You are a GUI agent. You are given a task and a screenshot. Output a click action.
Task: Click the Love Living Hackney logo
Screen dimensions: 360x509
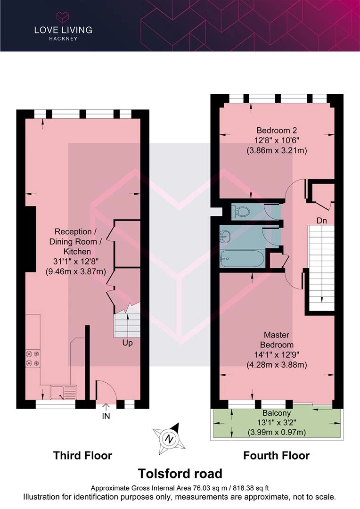[x=63, y=26]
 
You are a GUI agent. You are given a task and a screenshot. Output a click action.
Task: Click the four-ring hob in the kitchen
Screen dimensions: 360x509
[x=33, y=358]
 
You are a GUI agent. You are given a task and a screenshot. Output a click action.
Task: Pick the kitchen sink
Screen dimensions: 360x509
[x=63, y=392]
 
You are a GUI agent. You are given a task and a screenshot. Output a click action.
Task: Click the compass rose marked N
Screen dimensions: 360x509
[x=170, y=439]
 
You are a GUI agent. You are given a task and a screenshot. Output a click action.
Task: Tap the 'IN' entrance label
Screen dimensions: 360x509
[x=106, y=416]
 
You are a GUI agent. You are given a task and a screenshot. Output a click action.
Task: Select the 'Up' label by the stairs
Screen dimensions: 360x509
[x=127, y=343]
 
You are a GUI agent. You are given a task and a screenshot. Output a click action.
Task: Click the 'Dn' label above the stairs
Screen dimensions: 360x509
[x=321, y=221]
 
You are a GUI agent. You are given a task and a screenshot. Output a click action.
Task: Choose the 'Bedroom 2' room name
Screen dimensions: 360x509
[x=277, y=130]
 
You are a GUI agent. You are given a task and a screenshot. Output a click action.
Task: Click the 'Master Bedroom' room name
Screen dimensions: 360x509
[x=277, y=339]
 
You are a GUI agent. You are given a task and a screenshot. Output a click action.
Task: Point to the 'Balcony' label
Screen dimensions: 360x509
[x=277, y=413]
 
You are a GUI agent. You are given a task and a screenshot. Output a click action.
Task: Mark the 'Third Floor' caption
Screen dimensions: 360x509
[x=82, y=455]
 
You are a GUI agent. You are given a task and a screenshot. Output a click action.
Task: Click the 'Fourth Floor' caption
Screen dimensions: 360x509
[x=276, y=455]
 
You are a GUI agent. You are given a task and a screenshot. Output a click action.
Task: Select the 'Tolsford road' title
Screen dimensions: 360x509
[x=180, y=474]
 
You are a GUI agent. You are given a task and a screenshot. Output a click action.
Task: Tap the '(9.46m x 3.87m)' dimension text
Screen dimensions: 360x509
[x=76, y=271]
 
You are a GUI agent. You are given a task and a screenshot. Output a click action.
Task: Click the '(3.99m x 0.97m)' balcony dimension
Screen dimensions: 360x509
[x=277, y=432]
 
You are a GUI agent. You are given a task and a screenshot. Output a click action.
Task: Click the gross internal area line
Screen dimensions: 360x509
[x=180, y=488]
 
